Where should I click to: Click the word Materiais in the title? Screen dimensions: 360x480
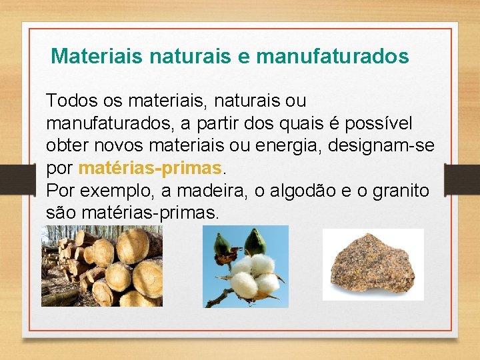coord(97,56)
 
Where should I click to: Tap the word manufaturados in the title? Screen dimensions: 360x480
coord(332,56)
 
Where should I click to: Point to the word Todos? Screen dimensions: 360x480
coord(66,101)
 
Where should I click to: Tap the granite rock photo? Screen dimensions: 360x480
coord(373,265)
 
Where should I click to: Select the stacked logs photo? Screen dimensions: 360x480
coord(101,265)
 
